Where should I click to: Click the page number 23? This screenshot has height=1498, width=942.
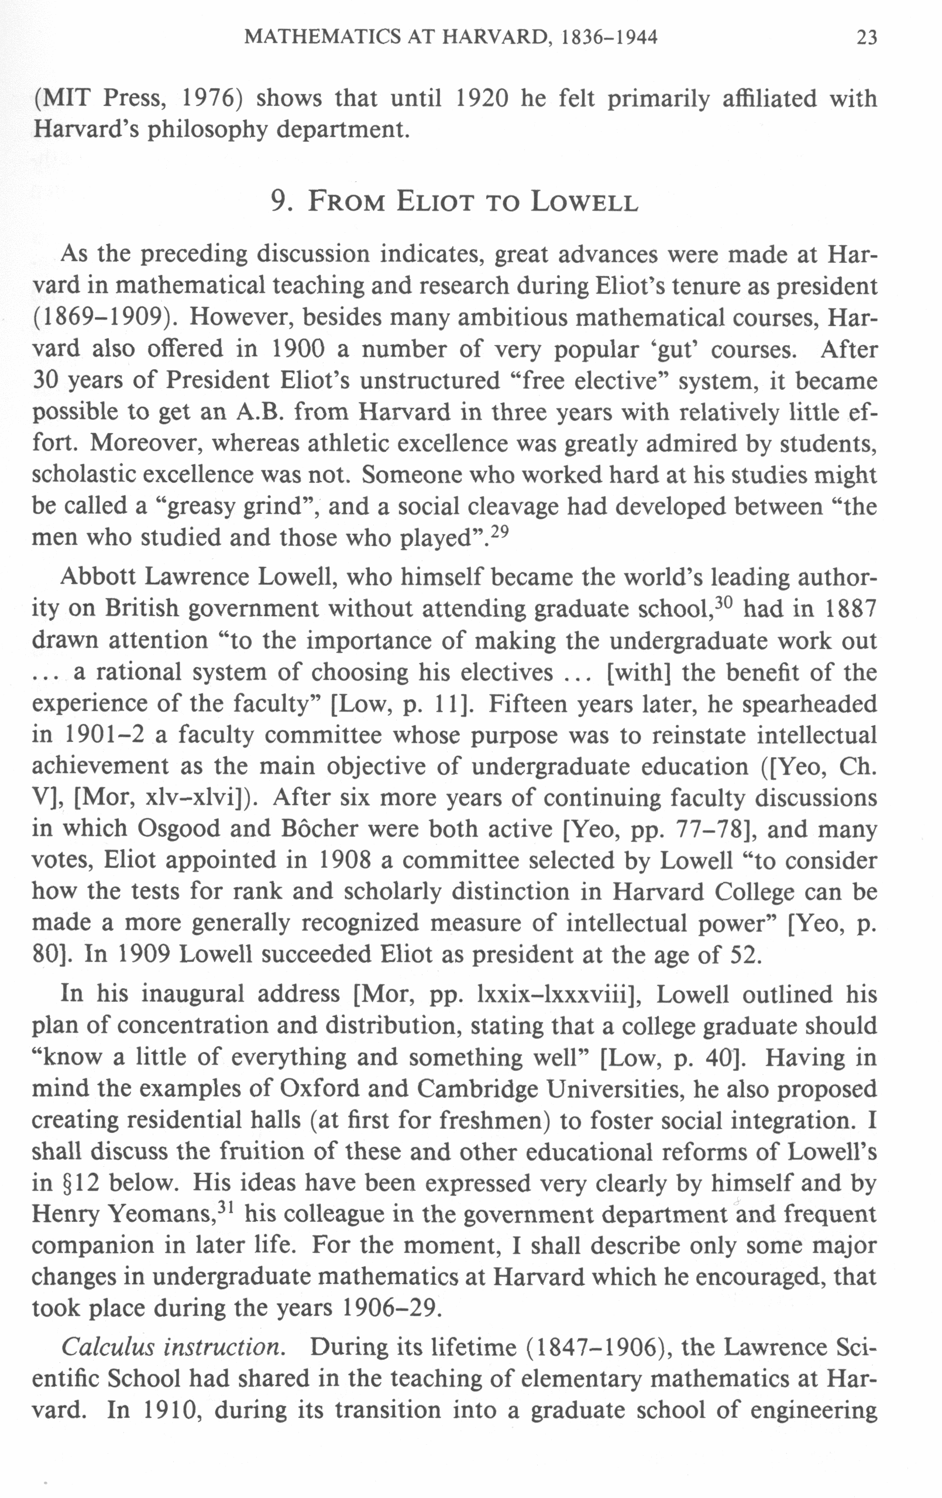866,38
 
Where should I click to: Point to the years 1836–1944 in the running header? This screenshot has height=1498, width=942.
609,38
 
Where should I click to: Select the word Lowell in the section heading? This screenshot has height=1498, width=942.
585,201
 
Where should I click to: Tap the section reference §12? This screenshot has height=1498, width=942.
66,1183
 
